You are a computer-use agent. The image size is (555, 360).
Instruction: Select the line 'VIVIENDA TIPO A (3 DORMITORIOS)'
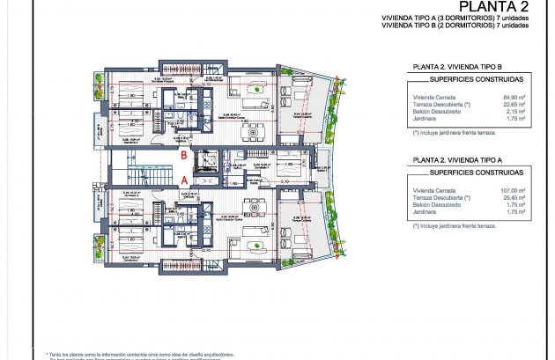(454, 19)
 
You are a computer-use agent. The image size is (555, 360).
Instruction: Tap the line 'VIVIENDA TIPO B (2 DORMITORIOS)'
(454, 26)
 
